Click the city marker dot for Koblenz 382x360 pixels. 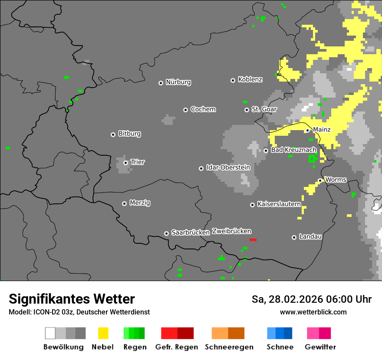tap(233, 80)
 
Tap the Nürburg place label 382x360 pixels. tap(178, 82)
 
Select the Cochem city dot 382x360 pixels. tap(185, 110)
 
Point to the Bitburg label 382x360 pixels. tap(129, 134)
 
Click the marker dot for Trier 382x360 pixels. tap(126, 163)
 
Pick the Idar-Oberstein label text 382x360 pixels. tap(228, 167)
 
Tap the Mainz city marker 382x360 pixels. tap(307, 130)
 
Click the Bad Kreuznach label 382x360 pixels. tap(293, 150)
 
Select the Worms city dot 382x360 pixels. tap(320, 180)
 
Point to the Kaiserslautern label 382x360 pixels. tap(279, 204)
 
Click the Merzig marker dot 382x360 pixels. tap(124, 203)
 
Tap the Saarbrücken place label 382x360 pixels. tap(191, 232)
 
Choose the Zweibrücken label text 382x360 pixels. tap(231, 231)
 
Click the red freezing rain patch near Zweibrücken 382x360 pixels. tap(253, 239)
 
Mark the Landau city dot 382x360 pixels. tap(294, 237)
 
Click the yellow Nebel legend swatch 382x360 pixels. tap(103, 333)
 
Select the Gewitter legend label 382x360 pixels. tap(320, 347)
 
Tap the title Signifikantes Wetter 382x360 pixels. tap(72, 299)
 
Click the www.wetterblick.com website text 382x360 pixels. tap(313, 312)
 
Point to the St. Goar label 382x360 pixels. tap(264, 109)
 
